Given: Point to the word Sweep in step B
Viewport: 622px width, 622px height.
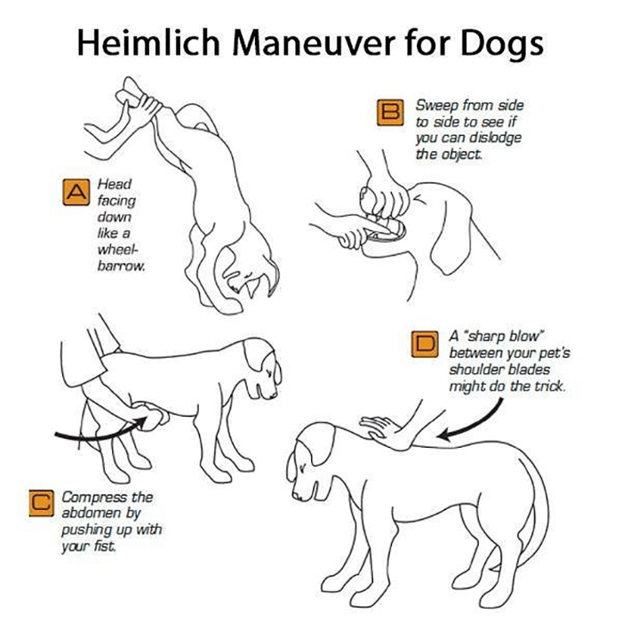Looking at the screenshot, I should click(x=435, y=106).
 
